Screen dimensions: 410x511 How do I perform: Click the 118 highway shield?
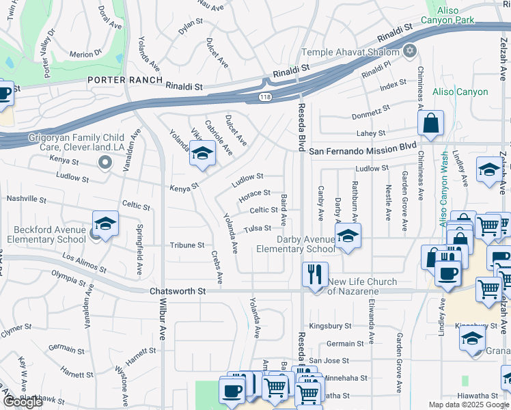click(x=264, y=98)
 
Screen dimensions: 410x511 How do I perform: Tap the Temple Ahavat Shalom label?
click(x=352, y=51)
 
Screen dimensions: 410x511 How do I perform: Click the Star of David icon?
click(x=410, y=51)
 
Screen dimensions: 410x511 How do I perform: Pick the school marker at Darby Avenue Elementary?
click(x=348, y=236)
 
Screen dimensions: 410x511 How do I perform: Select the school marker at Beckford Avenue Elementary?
click(x=105, y=223)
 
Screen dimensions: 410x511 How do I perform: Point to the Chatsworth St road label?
click(x=178, y=292)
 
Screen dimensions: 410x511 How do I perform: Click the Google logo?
click(x=23, y=402)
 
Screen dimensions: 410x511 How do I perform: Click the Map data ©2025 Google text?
click(x=469, y=405)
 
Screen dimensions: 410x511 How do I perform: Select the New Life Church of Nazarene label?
click(x=362, y=286)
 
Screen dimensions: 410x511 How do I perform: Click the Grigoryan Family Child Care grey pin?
click(x=104, y=162)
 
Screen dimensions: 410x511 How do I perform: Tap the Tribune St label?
click(x=187, y=245)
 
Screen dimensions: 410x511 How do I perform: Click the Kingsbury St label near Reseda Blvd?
click(x=329, y=327)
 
